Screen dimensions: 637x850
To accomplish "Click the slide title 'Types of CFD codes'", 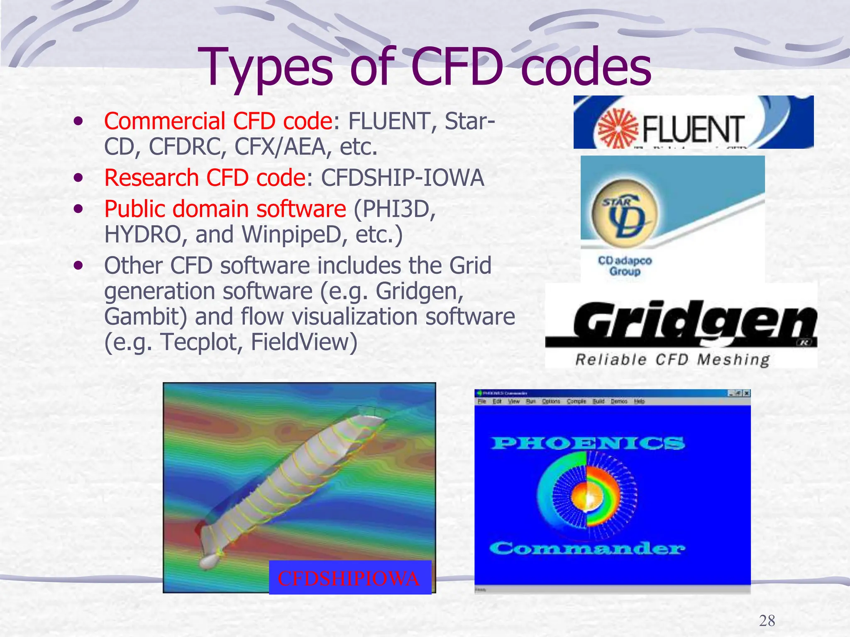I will (424, 67).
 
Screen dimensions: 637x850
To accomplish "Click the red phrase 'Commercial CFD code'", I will (218, 121).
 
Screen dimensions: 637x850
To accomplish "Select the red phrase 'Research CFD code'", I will (205, 178).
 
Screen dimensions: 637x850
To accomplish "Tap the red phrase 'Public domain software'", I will (225, 209).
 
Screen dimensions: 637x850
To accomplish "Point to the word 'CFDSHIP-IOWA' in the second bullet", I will (402, 178).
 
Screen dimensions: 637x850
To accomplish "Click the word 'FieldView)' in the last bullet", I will (304, 343).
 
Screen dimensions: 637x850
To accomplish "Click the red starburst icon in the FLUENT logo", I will (618, 128).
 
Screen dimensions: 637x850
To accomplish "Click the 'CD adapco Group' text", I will (625, 266).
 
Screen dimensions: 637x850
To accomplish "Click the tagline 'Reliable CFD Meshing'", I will (672, 359).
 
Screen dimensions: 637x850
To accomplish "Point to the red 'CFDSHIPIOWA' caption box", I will (350, 578).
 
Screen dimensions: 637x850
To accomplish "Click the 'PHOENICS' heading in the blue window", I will (587, 443).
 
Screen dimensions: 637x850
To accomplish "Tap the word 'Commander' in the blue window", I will (587, 548).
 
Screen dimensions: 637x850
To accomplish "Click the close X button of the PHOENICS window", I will (747, 393).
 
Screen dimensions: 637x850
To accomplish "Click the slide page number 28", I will (767, 620).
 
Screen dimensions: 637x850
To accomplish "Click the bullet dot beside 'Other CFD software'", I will (78, 265).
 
